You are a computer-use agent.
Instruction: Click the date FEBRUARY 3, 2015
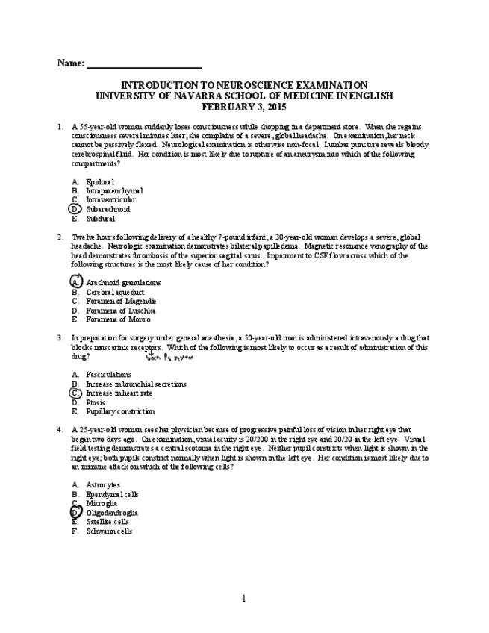[244, 107]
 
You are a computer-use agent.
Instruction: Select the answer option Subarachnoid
[108, 210]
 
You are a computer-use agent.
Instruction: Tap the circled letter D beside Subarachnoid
[75, 210]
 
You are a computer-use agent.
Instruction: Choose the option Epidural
[100, 181]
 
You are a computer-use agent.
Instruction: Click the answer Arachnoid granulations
[123, 283]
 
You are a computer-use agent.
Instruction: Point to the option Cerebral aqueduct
[115, 292]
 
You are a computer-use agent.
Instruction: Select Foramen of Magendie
[121, 301]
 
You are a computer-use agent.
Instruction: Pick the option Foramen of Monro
[118, 319]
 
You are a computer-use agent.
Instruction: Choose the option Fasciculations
[108, 375]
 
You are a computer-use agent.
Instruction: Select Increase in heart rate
[119, 393]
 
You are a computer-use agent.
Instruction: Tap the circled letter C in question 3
[75, 393]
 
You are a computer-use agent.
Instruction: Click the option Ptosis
[96, 402]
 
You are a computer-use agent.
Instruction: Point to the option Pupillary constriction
[120, 411]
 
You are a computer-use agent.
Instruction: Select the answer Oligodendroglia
[112, 513]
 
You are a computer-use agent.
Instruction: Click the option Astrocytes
[103, 485]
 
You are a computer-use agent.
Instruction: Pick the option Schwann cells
[109, 531]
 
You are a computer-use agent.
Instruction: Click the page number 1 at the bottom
[243, 599]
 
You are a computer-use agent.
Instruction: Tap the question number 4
[60, 430]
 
